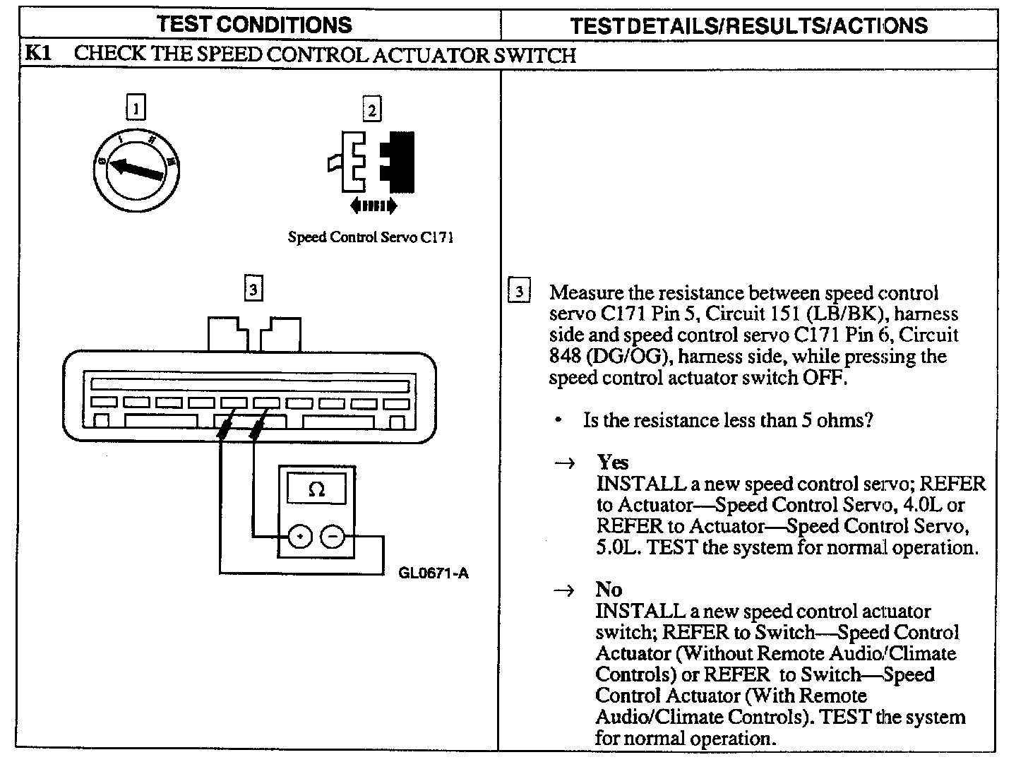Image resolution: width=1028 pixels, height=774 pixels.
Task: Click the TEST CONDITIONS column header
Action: tap(254, 25)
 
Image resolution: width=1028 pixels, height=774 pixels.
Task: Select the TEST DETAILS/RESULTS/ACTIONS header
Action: tap(748, 26)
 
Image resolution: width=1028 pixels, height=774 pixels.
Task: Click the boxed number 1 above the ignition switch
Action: tap(136, 108)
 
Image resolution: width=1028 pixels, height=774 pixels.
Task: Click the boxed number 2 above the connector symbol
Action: tap(371, 109)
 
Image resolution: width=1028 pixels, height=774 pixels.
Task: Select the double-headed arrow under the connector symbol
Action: tap(373, 206)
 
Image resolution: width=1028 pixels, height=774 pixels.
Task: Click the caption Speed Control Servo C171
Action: tap(370, 237)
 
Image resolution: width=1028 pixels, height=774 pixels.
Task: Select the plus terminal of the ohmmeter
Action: tap(300, 537)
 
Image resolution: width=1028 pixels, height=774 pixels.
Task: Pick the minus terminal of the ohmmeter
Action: tap(333, 537)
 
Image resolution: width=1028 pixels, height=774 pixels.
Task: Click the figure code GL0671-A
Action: tap(433, 573)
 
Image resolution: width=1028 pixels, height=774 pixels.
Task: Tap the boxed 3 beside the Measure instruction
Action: tap(519, 292)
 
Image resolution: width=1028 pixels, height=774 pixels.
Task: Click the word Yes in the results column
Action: tap(612, 462)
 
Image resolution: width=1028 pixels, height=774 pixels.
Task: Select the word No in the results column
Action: tap(609, 590)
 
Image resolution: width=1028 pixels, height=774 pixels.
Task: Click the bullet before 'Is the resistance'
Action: tap(558, 421)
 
